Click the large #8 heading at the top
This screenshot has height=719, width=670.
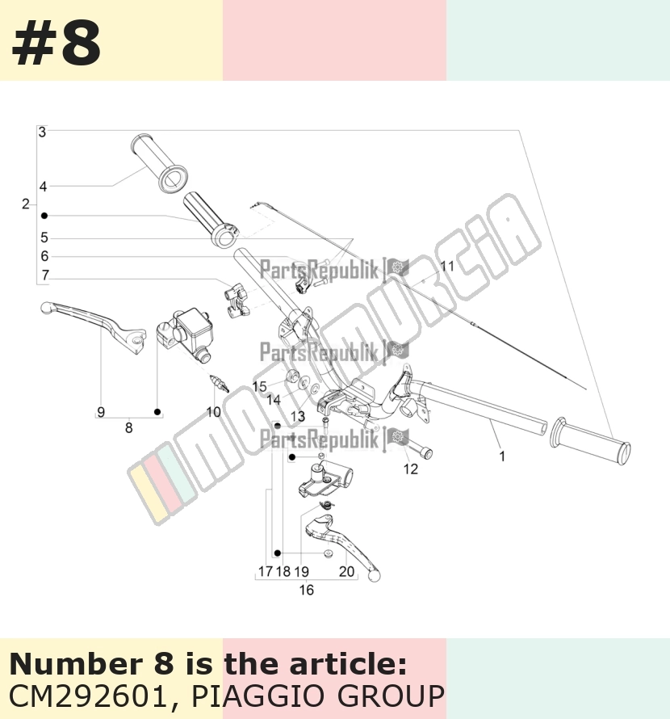pyautogui.click(x=56, y=44)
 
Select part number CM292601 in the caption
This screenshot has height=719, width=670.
pyautogui.click(x=87, y=696)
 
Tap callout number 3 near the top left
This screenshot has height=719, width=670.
pyautogui.click(x=42, y=132)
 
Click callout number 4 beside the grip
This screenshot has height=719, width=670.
pyautogui.click(x=43, y=187)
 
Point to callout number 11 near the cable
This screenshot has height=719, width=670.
pyautogui.click(x=447, y=266)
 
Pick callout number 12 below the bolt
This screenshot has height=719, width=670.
pyautogui.click(x=411, y=469)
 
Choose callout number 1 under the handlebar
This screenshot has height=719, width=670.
pyautogui.click(x=502, y=456)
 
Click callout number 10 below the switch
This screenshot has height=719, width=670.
pyautogui.click(x=214, y=412)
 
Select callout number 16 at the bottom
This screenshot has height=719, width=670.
pyautogui.click(x=306, y=590)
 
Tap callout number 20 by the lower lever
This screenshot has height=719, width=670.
pyautogui.click(x=346, y=571)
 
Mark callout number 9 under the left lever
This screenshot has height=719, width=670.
pyautogui.click(x=101, y=412)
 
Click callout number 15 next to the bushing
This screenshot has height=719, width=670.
pyautogui.click(x=259, y=386)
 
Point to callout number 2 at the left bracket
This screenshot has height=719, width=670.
pyautogui.click(x=26, y=204)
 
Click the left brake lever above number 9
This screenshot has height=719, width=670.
pyautogui.click(x=94, y=327)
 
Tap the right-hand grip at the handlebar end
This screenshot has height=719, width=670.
pyautogui.click(x=590, y=440)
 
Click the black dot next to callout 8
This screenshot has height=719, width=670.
pyautogui.click(x=157, y=412)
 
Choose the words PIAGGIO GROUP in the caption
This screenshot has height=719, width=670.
pyautogui.click(x=317, y=696)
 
